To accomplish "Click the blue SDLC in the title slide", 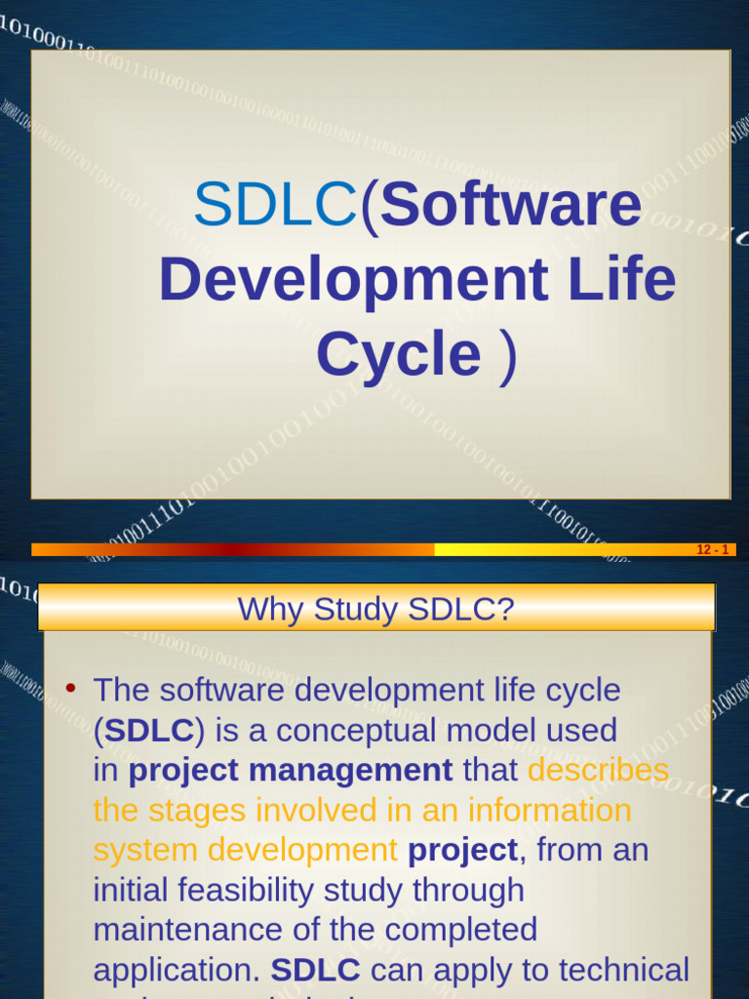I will coord(275,205).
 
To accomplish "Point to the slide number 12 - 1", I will coord(713,550).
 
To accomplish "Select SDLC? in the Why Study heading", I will coord(461,610).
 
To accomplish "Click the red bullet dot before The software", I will coord(70,688).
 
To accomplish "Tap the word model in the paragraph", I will coord(482,730).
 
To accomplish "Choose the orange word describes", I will coord(598,770).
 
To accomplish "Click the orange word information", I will coord(550,810).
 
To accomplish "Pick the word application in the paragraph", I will coord(177,971).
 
